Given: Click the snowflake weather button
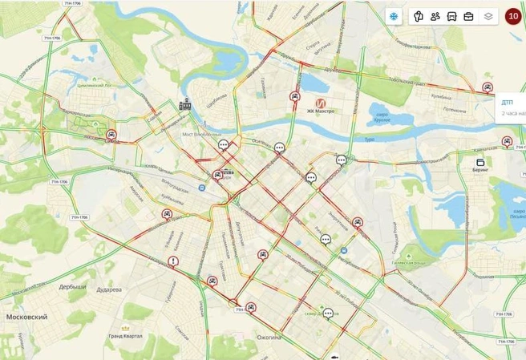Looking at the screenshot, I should click(x=394, y=16).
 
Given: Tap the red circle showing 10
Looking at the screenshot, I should click(x=512, y=16).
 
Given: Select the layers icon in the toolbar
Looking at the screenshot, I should click(x=488, y=16).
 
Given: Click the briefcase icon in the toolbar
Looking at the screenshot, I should click(x=469, y=16).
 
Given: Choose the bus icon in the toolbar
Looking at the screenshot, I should click(x=452, y=16).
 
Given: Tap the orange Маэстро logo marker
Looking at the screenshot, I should click(x=321, y=102).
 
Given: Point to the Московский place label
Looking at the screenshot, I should click(x=26, y=317).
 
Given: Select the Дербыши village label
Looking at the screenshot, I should click(x=72, y=287).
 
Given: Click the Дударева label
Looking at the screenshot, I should click(x=109, y=289).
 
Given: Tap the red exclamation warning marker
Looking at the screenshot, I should click(x=173, y=261).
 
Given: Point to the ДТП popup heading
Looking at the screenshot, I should click(x=508, y=102).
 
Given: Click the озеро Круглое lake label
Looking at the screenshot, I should click(x=386, y=118).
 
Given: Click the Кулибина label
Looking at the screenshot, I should click(x=439, y=95).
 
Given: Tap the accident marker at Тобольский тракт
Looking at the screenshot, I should click(x=487, y=87).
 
